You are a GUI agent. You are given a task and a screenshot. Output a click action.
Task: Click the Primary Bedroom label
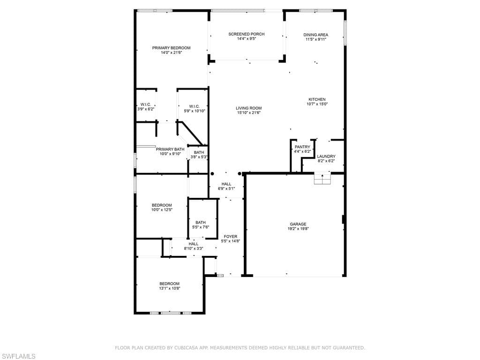click(171, 48)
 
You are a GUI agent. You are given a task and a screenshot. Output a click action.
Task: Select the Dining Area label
click(315, 35)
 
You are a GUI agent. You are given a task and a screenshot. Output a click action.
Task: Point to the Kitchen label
click(317, 99)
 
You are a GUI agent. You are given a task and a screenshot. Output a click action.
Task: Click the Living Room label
click(248, 108)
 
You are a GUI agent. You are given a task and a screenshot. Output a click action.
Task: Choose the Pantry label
click(302, 147)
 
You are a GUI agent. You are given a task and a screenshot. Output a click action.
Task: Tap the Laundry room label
click(326, 157)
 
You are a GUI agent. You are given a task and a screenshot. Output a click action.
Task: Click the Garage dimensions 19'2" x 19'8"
click(298, 229)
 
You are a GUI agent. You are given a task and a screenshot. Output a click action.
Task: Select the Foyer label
click(230, 237)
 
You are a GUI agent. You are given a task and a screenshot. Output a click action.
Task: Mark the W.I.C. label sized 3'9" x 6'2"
click(146, 105)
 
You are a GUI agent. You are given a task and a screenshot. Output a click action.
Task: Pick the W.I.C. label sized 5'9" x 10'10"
click(194, 106)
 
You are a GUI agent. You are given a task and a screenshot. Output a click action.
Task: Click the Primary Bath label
click(170, 150)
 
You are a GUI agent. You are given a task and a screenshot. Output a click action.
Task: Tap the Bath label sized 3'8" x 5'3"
click(199, 152)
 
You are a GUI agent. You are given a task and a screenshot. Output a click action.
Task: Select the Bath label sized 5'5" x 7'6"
click(201, 223)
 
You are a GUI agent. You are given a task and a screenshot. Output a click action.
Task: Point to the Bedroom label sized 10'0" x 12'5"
click(162, 205)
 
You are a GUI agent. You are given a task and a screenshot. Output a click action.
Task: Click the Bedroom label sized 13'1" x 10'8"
click(169, 284)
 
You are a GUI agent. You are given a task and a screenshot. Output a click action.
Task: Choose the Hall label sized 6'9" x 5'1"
click(226, 184)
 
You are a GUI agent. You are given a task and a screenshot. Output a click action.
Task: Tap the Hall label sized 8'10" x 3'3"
click(193, 244)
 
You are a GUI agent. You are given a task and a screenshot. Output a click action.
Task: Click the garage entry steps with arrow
click(322, 179)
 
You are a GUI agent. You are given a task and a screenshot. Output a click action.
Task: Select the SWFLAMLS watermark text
click(18, 356)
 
